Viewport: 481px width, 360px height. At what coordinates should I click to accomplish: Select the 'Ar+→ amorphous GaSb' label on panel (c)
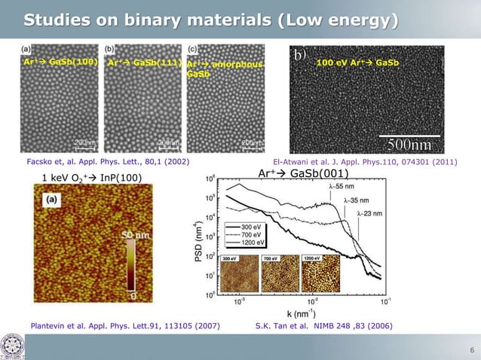(x=224, y=69)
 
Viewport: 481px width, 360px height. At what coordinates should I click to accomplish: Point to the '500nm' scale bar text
(x=409, y=143)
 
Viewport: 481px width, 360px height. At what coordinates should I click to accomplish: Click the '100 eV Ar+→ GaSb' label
(x=358, y=63)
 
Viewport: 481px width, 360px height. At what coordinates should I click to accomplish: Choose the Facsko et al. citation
(x=108, y=160)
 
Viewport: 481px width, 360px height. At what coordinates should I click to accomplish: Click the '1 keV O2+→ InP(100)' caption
(x=90, y=177)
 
